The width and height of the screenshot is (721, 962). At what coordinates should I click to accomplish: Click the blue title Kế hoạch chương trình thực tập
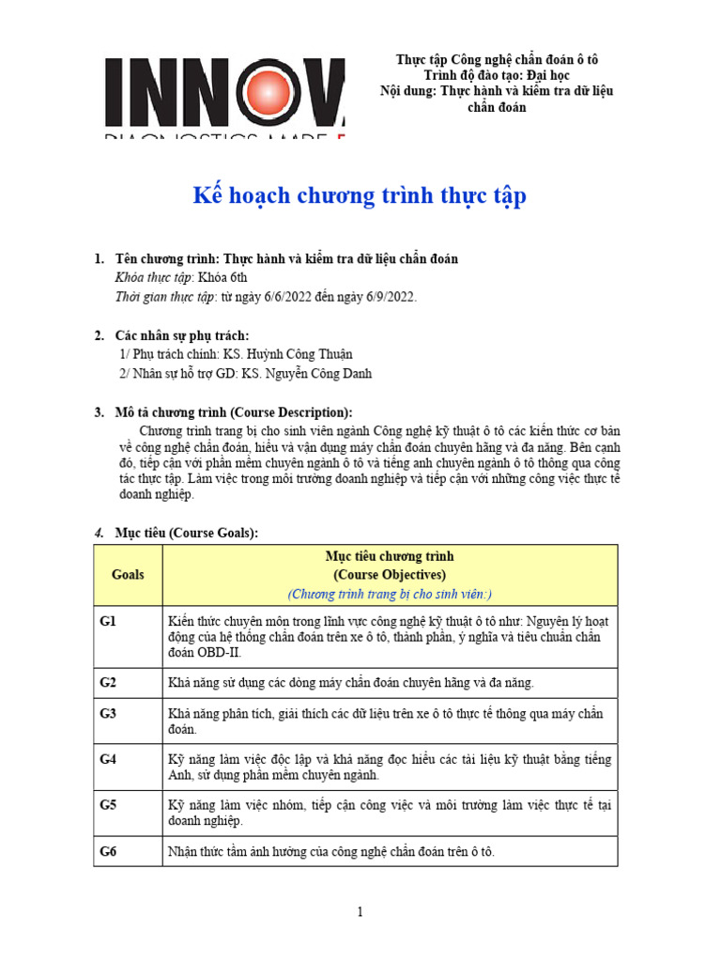click(x=360, y=196)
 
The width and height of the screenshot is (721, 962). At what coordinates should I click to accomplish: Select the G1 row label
click(x=109, y=621)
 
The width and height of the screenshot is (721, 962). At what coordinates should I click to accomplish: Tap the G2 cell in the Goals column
click(x=109, y=682)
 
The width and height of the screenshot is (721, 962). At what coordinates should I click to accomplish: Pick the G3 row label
click(x=109, y=713)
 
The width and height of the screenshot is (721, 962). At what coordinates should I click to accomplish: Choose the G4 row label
click(x=109, y=759)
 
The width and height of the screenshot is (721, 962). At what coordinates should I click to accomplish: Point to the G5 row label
click(x=109, y=805)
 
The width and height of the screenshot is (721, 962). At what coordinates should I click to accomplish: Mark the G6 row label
click(x=109, y=851)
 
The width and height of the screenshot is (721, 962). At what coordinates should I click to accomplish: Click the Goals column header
click(x=128, y=574)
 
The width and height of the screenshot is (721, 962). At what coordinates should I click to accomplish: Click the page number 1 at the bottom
click(x=360, y=911)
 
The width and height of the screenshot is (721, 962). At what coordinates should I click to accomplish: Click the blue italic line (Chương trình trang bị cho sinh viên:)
click(x=390, y=594)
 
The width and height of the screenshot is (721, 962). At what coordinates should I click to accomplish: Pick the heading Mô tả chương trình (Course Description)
click(x=234, y=412)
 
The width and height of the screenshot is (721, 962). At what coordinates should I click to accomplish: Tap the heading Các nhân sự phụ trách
click(x=182, y=335)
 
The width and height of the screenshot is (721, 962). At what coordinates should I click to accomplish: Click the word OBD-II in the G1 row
click(x=212, y=652)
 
